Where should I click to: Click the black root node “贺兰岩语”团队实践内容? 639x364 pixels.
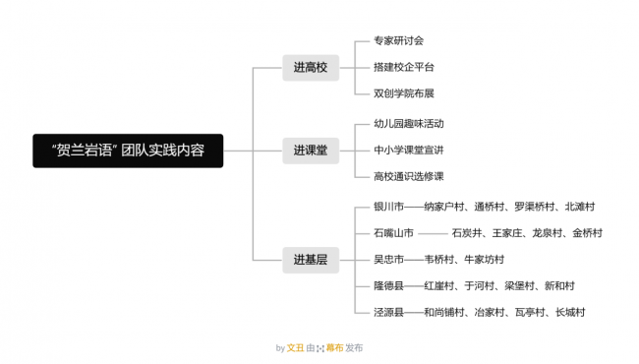pyautogui.click(x=128, y=151)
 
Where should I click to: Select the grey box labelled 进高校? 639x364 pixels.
pyautogui.click(x=311, y=68)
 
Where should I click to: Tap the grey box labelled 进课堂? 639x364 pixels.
pyautogui.click(x=311, y=151)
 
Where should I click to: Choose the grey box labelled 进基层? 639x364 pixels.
pyautogui.click(x=311, y=260)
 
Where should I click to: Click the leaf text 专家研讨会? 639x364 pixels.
pyautogui.click(x=398, y=40)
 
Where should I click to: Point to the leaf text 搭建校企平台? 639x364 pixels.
pyautogui.click(x=404, y=67)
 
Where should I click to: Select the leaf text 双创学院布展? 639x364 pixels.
pyautogui.click(x=404, y=93)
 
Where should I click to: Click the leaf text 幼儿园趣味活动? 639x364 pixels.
pyautogui.click(x=409, y=124)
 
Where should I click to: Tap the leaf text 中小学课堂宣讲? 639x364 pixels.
pyautogui.click(x=409, y=151)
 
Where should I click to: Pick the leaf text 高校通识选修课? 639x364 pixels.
pyautogui.click(x=409, y=176)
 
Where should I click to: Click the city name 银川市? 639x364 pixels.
pyautogui.click(x=388, y=207)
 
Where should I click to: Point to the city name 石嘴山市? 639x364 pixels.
pyautogui.click(x=393, y=233)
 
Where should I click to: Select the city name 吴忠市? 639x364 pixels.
pyautogui.click(x=388, y=260)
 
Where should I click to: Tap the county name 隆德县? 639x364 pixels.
pyautogui.click(x=388, y=285)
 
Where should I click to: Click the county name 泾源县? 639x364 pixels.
pyautogui.click(x=388, y=312)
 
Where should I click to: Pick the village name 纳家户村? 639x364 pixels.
pyautogui.click(x=443, y=207)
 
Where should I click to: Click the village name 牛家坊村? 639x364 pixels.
pyautogui.click(x=484, y=260)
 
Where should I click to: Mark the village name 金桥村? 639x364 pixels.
pyautogui.click(x=587, y=233)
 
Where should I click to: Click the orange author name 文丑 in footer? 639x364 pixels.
pyautogui.click(x=295, y=348)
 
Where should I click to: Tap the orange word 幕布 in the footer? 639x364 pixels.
pyautogui.click(x=334, y=348)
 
